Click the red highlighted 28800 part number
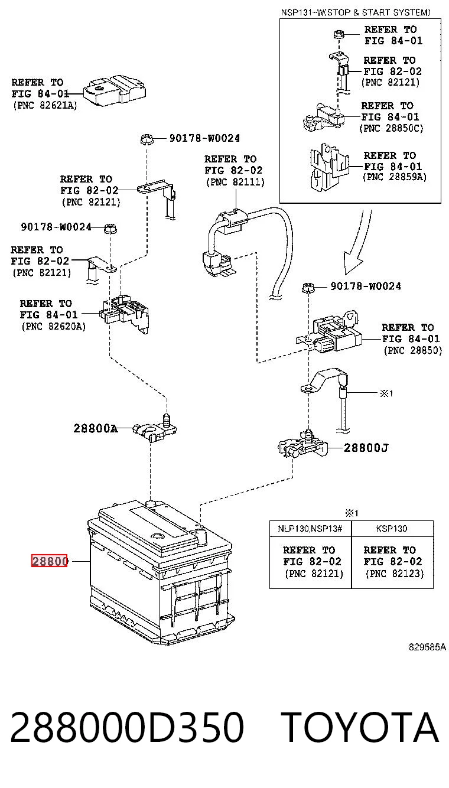tap(49, 561)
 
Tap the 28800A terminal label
tap(95, 428)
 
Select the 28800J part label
tap(366, 448)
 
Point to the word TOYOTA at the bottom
tap(360, 728)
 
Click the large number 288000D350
tap(127, 728)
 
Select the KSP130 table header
tap(392, 528)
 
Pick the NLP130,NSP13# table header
tap(310, 528)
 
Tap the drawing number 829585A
tap(427, 647)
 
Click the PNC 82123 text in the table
tap(395, 574)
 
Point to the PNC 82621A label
tap(45, 106)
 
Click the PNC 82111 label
tap(235, 182)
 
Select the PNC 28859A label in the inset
tap(395, 177)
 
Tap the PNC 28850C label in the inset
tap(391, 128)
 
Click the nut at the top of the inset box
tap(339, 34)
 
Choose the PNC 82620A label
tap(54, 327)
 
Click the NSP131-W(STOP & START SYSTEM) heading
tap(356, 12)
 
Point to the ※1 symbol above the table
tap(352, 513)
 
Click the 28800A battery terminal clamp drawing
tap(155, 428)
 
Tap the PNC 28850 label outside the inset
tap(413, 350)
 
